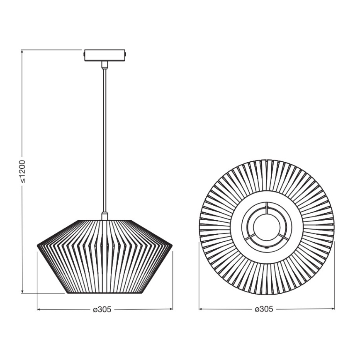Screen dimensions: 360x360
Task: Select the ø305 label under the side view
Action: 102,309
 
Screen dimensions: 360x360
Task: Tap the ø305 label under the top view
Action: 264,309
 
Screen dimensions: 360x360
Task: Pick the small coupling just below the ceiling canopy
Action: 105,64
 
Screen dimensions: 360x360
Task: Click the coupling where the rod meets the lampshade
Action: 105,216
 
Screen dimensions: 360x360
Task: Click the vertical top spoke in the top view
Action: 267,207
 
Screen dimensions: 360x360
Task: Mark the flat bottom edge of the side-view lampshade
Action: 105,293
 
